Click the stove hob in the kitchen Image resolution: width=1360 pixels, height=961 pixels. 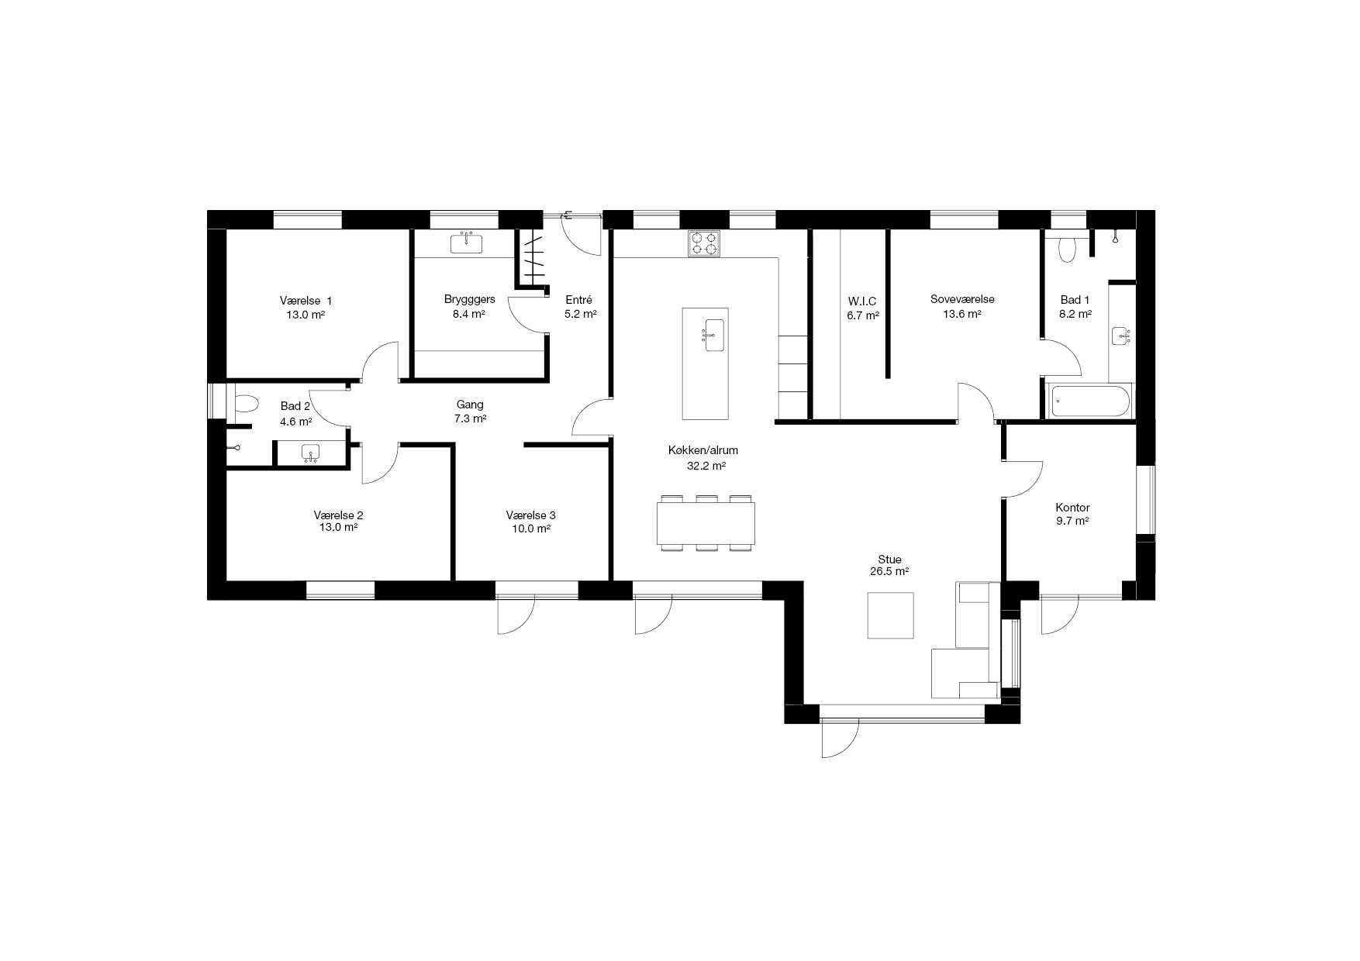[703, 244]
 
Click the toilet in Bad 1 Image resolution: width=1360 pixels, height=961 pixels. [1068, 249]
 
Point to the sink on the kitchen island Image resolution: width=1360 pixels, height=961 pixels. [714, 335]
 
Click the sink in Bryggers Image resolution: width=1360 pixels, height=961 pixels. [466, 243]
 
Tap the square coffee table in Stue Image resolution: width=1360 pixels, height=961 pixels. [890, 615]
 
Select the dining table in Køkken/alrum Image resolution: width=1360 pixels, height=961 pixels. [706, 523]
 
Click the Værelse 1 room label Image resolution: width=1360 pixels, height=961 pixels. [306, 301]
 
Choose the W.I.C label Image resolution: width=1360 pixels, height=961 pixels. [862, 301]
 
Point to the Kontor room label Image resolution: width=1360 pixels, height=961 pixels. [1072, 508]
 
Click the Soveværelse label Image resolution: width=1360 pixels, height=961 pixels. [962, 299]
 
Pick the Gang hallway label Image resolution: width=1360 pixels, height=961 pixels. [470, 405]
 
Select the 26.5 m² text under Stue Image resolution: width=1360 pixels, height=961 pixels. [890, 572]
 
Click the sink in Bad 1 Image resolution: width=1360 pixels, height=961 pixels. [1120, 336]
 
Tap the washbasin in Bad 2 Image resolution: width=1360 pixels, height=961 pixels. [311, 453]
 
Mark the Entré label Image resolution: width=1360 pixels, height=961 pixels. [579, 300]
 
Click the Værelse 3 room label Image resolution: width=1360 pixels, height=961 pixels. [531, 515]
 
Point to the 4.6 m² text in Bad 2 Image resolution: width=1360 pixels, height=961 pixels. [296, 422]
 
